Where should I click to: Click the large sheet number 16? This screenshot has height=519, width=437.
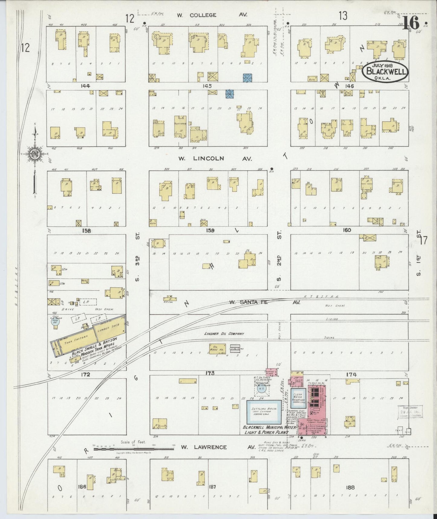411,23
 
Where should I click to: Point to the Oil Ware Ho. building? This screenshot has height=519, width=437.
217,348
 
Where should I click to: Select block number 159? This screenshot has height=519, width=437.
210,231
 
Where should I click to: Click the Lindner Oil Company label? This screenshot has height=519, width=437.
224,334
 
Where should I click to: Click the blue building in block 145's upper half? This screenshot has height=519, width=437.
248,78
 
